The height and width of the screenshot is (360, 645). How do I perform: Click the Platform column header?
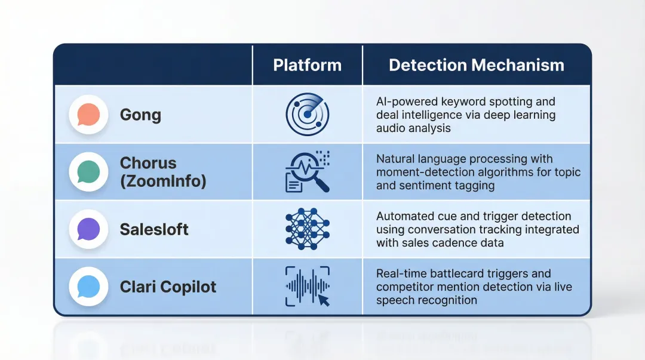[x=307, y=65]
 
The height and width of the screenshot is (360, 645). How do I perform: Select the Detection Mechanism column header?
[x=476, y=65]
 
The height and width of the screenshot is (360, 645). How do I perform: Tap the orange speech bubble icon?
[x=88, y=115]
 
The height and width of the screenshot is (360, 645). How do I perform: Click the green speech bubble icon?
[x=88, y=172]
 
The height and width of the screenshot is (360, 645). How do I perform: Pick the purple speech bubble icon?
[x=88, y=229]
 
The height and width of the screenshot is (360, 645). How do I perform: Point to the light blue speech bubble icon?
[x=88, y=287]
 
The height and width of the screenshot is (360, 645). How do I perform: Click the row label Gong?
[x=140, y=115]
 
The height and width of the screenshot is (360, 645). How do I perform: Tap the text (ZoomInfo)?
[x=163, y=181]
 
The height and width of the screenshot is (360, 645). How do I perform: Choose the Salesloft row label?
[x=154, y=229]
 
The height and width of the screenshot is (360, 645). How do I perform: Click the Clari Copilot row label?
[x=168, y=287]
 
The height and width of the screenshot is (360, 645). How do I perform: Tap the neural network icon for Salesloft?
[x=307, y=229]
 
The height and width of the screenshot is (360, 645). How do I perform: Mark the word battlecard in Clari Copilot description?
[x=459, y=273]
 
